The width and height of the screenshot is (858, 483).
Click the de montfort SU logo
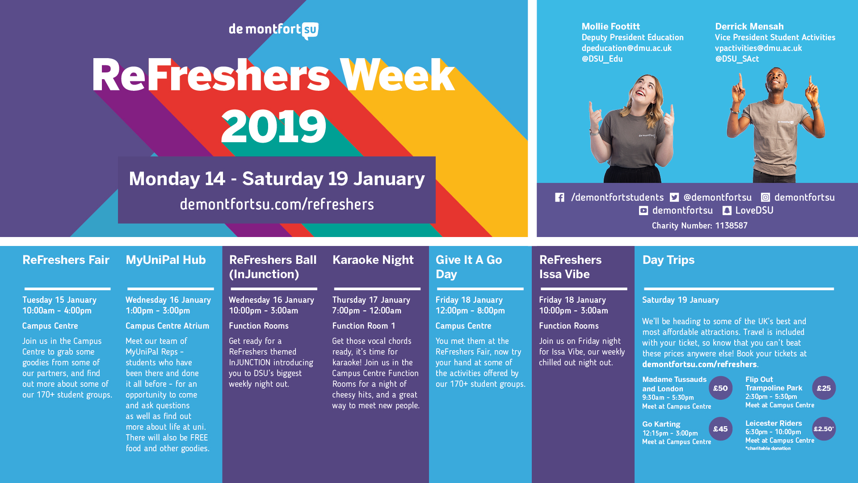273,30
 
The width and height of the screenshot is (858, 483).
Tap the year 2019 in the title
273,127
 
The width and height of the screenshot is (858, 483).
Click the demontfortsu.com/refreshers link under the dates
277,204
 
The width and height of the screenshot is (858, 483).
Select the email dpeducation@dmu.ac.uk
626,48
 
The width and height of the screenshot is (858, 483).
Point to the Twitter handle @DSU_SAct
737,59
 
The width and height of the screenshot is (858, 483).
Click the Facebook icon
559,197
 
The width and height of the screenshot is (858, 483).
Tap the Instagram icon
765,197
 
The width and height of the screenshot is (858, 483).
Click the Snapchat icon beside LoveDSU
727,210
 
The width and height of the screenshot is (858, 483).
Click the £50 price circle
720,388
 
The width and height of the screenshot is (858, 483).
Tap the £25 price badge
824,388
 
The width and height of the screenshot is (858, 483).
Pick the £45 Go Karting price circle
720,429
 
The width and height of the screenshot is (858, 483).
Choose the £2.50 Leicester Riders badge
824,429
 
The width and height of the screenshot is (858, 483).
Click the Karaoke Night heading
373,260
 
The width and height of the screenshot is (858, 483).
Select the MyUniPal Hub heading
165,260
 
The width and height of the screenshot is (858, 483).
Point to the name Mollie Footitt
610,26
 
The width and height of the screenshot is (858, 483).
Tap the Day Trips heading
668,260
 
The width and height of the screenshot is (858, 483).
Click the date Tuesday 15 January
59,300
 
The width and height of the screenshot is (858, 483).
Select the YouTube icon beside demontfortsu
643,210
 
